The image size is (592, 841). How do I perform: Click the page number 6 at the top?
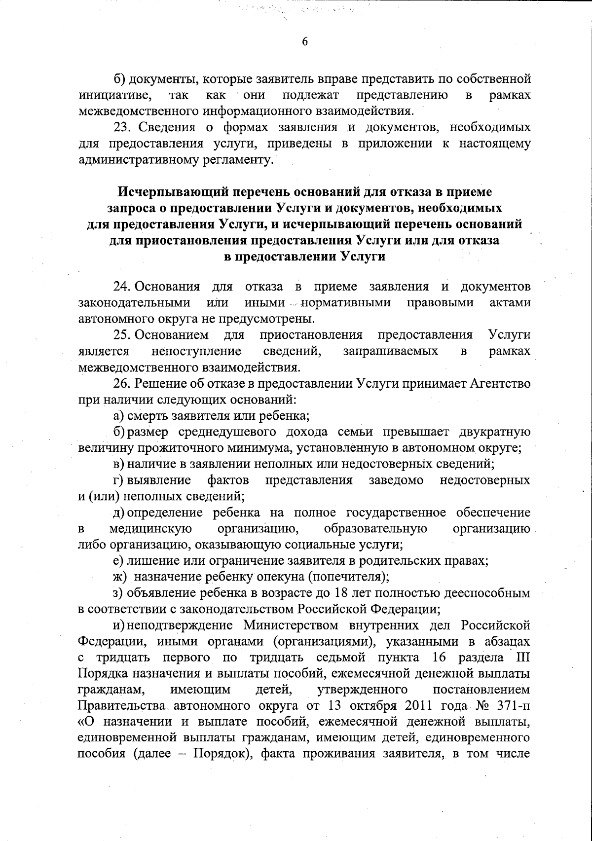(x=304, y=42)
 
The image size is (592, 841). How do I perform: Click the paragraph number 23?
(x=121, y=128)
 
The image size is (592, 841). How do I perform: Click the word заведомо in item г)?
(x=396, y=480)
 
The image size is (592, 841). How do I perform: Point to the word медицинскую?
(x=150, y=529)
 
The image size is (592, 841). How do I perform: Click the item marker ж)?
(x=120, y=576)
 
